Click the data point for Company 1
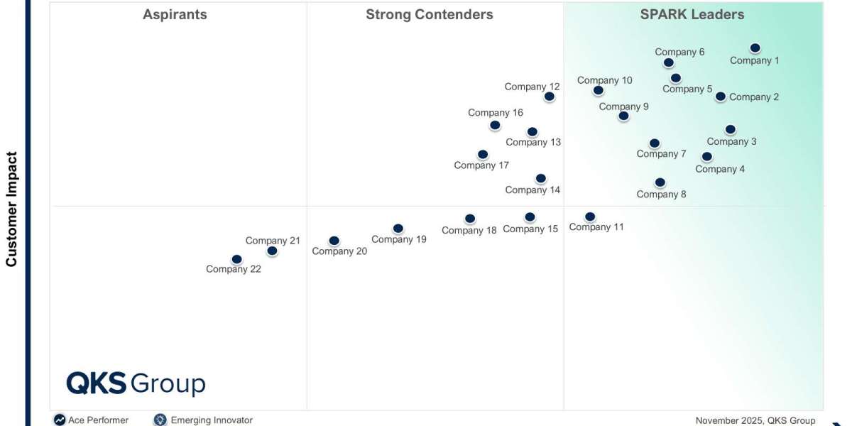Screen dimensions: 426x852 755,48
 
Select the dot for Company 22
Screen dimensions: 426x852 236,260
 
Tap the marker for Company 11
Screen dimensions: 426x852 589,217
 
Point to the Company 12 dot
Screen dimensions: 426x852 549,97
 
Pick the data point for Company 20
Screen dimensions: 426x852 334,241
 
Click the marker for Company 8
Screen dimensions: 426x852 660,183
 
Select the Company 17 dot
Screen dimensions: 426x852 483,155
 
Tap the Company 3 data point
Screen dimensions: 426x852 730,130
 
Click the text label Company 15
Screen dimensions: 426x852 530,229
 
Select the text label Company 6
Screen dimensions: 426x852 679,52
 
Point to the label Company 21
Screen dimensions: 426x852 273,241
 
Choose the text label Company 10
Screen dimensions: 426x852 604,80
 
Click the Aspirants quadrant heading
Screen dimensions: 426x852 175,14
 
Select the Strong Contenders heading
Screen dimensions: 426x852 429,14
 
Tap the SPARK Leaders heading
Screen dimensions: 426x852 692,14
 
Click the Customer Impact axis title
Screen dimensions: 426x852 11,209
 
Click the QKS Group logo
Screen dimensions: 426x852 136,383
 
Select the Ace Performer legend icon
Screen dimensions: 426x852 60,420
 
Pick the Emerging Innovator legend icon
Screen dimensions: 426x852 160,420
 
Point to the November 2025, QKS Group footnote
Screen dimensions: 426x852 755,420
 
